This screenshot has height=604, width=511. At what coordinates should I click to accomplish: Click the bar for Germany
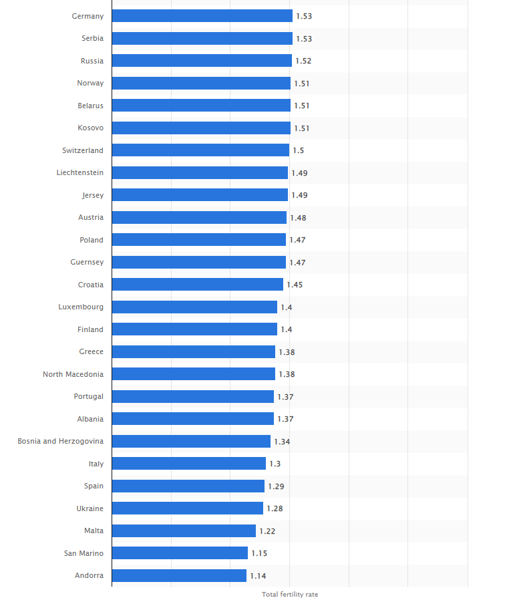tap(202, 16)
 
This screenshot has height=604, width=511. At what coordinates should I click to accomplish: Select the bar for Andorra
tap(179, 575)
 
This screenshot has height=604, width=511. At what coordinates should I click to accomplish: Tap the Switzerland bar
tap(200, 150)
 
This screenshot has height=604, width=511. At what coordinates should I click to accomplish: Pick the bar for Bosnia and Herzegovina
tap(191, 441)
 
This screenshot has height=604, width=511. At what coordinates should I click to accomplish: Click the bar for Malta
tap(184, 531)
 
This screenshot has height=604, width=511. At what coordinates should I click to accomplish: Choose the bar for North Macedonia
tap(193, 374)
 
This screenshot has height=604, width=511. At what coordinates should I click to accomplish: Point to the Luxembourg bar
tap(194, 307)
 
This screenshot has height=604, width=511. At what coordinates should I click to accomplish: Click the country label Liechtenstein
tap(80, 172)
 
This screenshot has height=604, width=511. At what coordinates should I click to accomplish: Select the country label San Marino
tap(83, 553)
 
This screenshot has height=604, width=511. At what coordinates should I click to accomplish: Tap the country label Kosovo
tap(90, 128)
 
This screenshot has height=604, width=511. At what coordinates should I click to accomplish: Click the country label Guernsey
tap(87, 262)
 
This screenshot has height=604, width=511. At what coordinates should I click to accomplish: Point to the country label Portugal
tap(89, 396)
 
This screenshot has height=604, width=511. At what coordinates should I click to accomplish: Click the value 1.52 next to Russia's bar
tap(303, 61)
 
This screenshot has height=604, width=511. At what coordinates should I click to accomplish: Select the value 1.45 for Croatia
tap(295, 285)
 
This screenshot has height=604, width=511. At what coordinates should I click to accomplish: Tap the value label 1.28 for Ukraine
tap(275, 508)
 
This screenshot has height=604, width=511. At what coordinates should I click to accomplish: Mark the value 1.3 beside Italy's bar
tap(275, 464)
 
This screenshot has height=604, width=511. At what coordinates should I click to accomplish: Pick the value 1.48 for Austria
tap(298, 218)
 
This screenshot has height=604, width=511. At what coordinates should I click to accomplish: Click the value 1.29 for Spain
tap(276, 486)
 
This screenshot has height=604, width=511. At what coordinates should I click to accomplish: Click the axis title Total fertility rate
tap(290, 595)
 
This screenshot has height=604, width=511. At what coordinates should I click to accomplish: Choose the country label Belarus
tap(90, 106)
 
